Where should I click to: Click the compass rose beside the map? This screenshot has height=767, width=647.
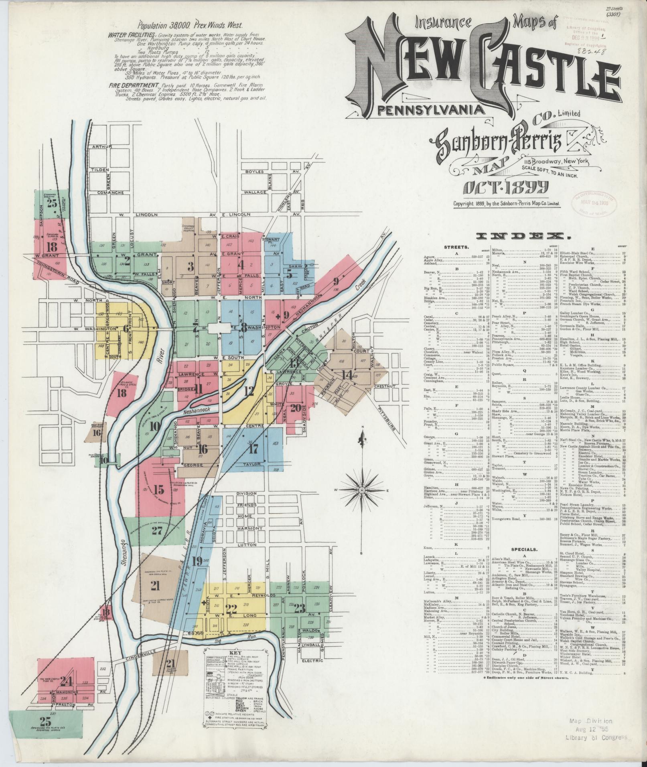point(362,490)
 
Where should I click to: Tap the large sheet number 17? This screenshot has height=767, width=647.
point(254,448)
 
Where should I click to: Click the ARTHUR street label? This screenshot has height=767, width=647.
point(101,147)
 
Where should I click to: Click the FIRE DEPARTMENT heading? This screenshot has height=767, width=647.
point(132,86)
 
